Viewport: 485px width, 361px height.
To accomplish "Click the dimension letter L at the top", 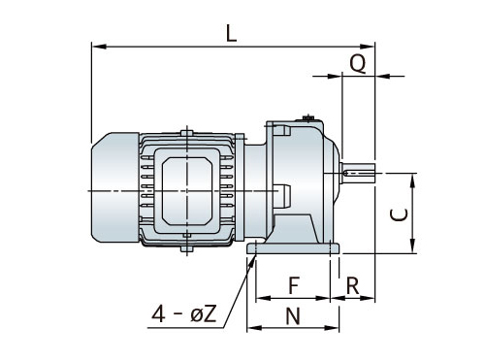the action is [x=231, y=34].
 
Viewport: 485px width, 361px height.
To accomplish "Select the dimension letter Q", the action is [x=358, y=63].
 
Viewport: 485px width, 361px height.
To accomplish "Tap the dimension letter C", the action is [x=399, y=214].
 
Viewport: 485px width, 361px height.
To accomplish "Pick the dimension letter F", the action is [x=294, y=285].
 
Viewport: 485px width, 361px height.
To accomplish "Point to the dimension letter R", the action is [x=352, y=285].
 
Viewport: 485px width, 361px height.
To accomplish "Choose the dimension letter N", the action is [x=293, y=315].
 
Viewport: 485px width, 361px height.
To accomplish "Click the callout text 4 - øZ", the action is [x=183, y=313].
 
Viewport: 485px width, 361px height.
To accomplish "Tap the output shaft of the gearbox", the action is [x=358, y=174].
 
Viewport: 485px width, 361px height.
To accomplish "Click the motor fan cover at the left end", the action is [x=115, y=187].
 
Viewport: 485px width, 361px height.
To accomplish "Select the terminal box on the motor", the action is [x=186, y=191].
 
